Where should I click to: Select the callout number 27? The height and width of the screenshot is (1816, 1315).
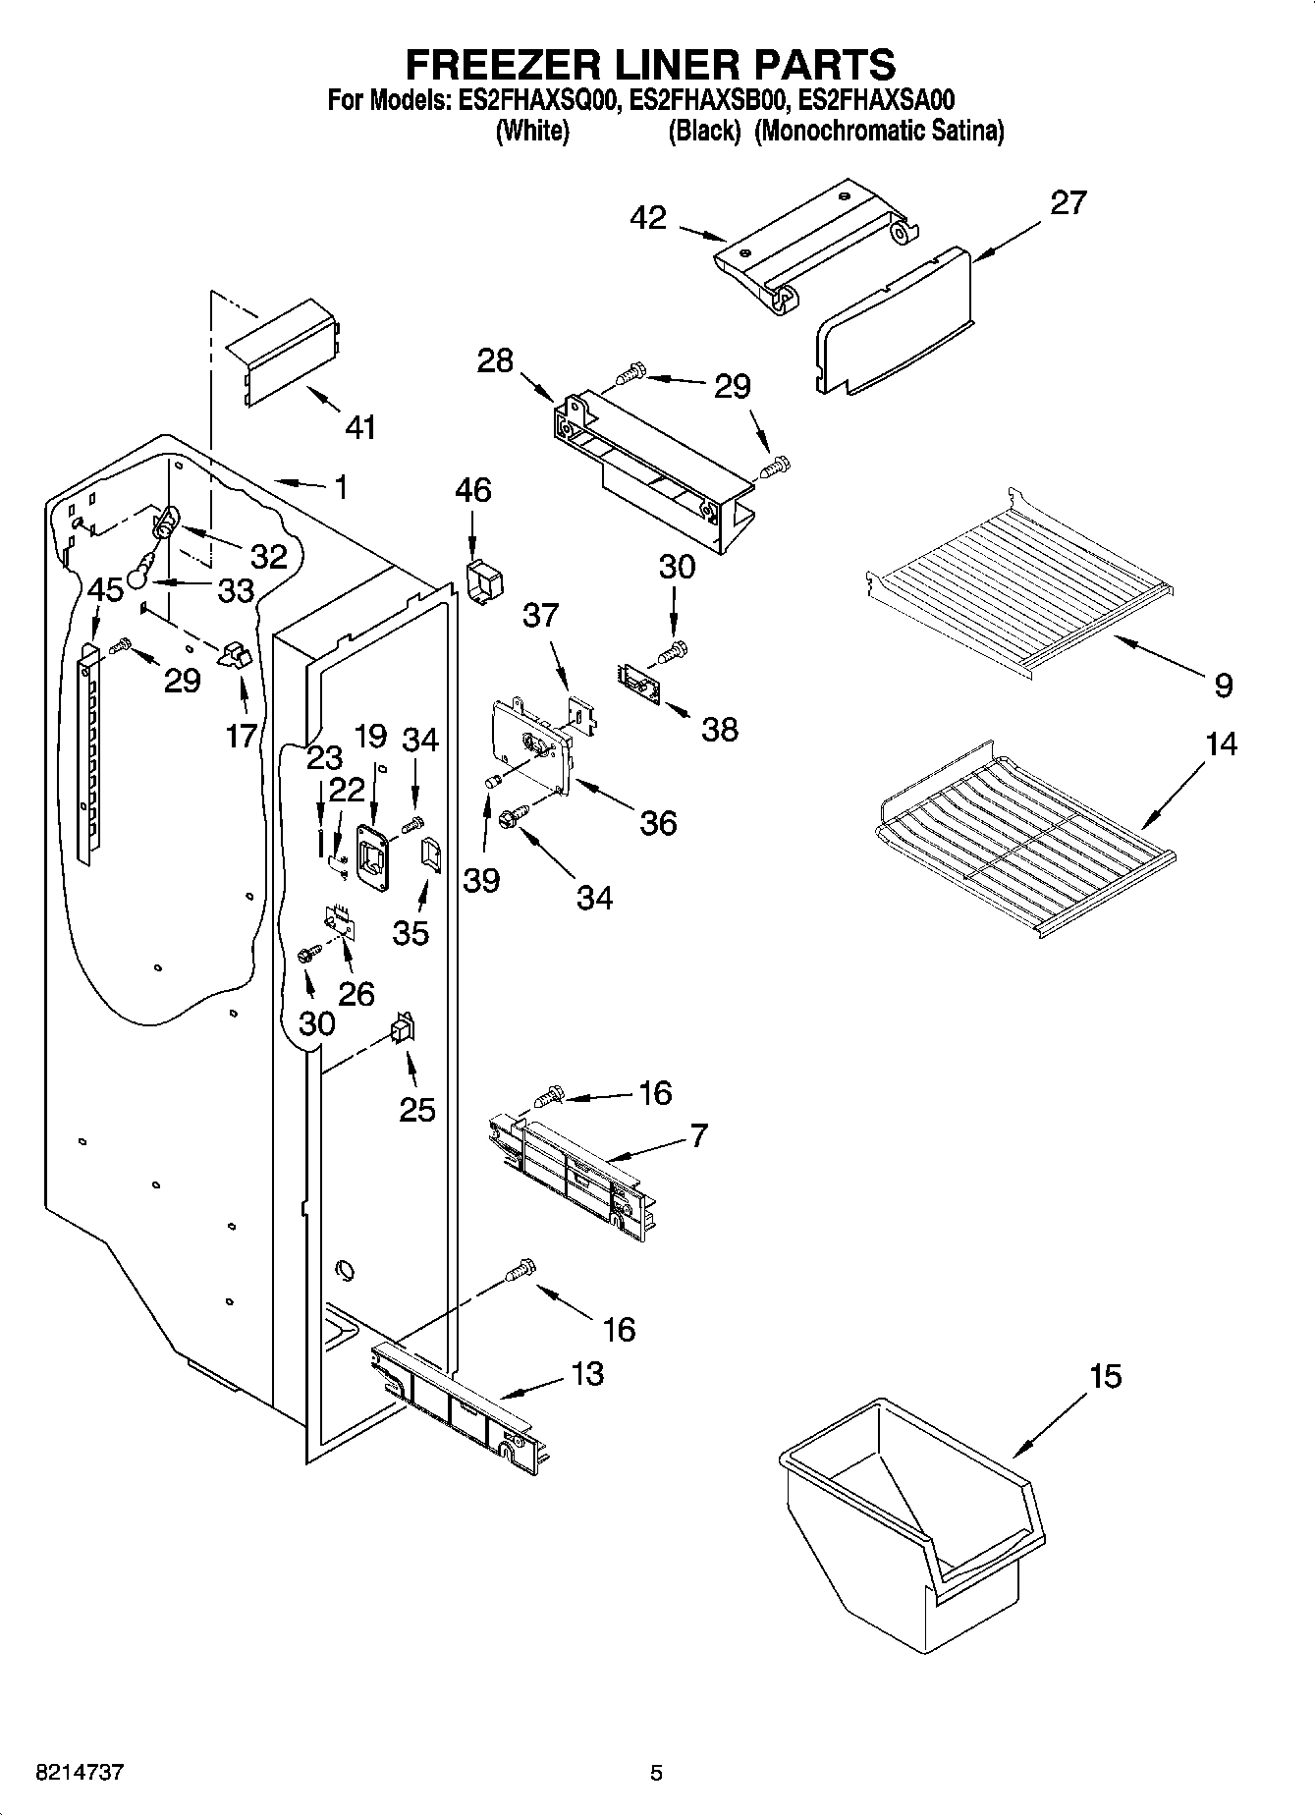tap(1068, 202)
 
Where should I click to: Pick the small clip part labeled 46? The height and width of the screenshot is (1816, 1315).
tap(482, 583)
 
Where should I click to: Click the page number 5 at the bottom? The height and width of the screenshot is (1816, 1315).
tap(656, 1773)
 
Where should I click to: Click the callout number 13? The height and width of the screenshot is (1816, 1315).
tap(586, 1373)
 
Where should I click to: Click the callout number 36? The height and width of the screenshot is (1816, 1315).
tap(657, 822)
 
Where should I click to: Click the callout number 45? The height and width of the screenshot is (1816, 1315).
tap(105, 590)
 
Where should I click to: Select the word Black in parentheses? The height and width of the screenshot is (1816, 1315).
tap(703, 131)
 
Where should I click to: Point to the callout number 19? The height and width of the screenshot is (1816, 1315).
tap(370, 736)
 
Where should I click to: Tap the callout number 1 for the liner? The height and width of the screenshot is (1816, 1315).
tap(340, 487)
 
